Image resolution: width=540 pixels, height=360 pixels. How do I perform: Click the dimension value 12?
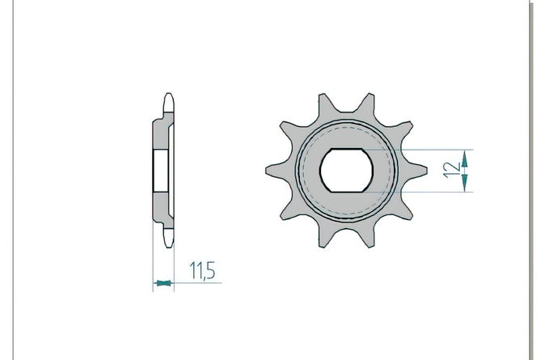point(452,170)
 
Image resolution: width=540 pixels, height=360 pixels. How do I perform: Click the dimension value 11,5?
point(202,270)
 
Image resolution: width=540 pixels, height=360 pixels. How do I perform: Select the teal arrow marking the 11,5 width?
point(163,283)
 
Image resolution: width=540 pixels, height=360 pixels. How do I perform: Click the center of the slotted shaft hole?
point(347,170)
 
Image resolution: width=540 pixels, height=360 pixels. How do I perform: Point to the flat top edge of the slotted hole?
point(347,149)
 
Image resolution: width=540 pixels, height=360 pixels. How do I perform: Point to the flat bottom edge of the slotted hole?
point(347,191)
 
